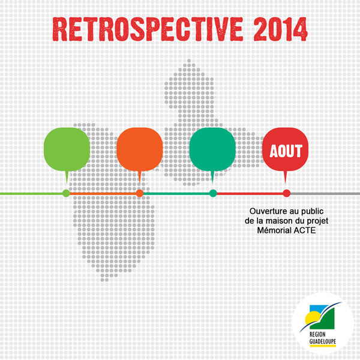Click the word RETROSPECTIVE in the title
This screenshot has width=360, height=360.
click(148, 29)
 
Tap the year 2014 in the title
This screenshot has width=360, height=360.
click(281, 29)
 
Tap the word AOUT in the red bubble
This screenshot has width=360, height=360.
click(286, 151)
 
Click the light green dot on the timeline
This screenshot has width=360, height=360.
click(66, 193)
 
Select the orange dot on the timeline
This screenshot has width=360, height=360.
click(140, 193)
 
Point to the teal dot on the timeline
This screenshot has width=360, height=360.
click(213, 193)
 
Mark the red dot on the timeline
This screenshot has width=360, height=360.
click(286, 193)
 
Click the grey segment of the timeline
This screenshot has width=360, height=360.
click(325, 194)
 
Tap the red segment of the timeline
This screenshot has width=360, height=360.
click(250, 194)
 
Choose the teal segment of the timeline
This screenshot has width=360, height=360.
click(176, 194)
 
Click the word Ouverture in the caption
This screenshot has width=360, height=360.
click(265, 211)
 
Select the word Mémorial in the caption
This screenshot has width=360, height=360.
click(271, 230)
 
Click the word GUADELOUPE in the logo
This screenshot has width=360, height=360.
click(323, 341)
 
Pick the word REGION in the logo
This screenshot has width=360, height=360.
click(317, 334)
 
